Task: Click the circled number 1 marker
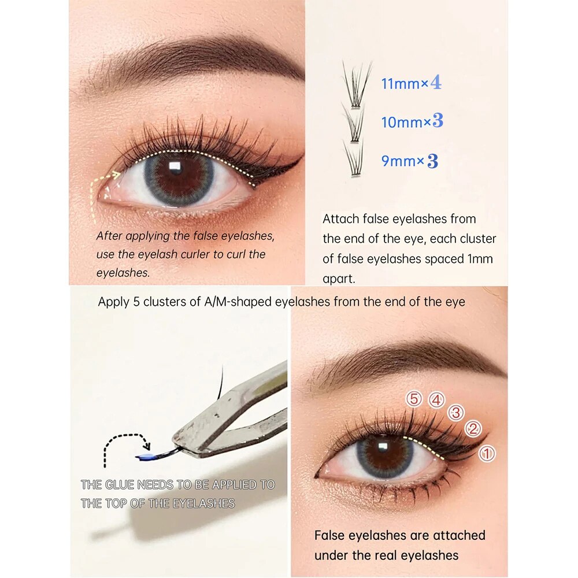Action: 487,454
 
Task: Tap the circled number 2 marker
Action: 473,428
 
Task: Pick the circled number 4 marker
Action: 436,399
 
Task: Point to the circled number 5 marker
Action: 413,399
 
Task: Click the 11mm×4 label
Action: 411,83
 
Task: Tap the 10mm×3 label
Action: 412,122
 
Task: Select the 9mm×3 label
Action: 409,161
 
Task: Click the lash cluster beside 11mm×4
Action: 356,86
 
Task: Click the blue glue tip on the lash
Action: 142,457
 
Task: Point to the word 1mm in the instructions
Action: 479,258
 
